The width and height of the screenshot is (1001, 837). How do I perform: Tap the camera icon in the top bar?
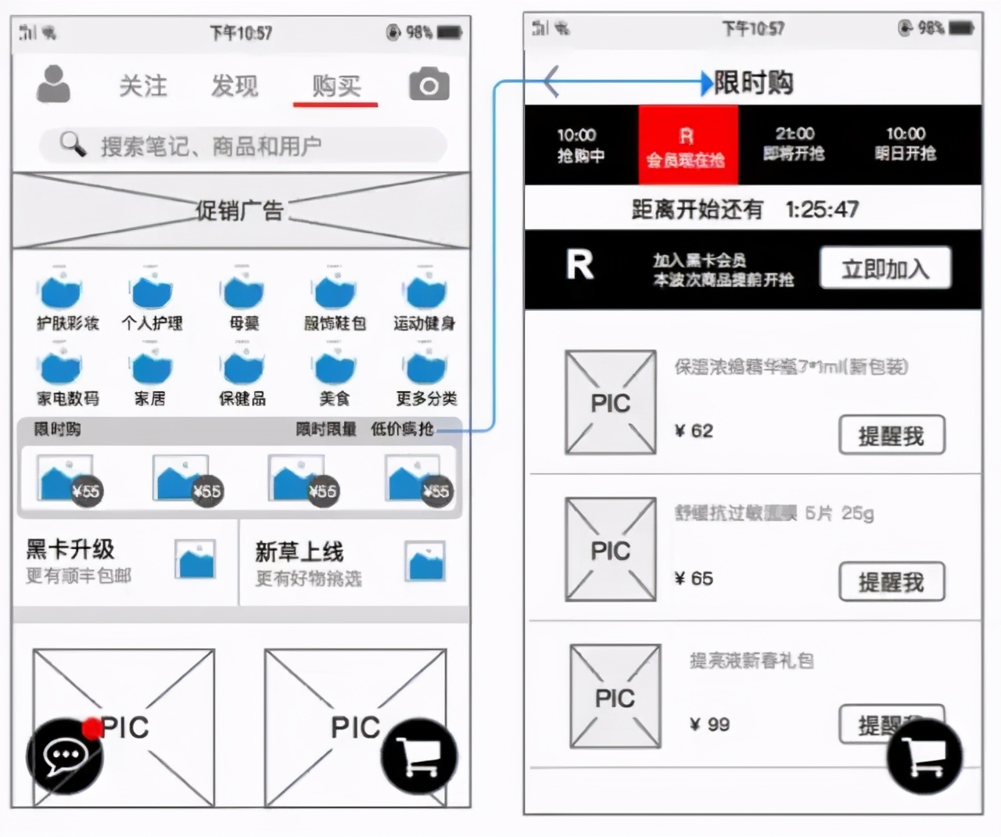(x=429, y=84)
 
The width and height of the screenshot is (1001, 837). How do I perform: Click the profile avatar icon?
(x=53, y=84)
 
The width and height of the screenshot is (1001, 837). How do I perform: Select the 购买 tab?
(x=336, y=86)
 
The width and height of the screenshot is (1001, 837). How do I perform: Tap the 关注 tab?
(x=143, y=86)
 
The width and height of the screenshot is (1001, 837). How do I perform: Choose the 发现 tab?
(x=234, y=86)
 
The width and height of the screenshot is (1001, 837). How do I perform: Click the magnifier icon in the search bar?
(x=73, y=144)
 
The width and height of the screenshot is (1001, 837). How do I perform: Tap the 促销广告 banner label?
(x=239, y=210)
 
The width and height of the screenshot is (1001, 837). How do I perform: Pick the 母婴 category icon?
(x=243, y=292)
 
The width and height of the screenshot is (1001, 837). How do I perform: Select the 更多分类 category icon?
(x=426, y=368)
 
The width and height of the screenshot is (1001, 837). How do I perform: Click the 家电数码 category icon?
(x=60, y=368)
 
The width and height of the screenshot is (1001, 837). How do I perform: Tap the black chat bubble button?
(x=65, y=756)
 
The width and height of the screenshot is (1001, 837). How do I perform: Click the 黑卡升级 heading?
(x=70, y=549)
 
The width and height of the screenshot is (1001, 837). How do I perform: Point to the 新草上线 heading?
(x=299, y=551)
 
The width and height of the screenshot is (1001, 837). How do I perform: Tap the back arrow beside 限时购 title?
(x=552, y=81)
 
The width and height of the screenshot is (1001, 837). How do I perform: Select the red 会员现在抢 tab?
(x=687, y=145)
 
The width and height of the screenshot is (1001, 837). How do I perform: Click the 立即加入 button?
(x=885, y=268)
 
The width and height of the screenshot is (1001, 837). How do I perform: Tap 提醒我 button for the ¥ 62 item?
(x=892, y=435)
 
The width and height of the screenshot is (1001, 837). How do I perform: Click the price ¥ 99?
(x=709, y=725)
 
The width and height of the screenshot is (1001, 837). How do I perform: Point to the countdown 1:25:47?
(x=822, y=210)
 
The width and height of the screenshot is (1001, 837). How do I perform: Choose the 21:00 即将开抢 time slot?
(x=795, y=144)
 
